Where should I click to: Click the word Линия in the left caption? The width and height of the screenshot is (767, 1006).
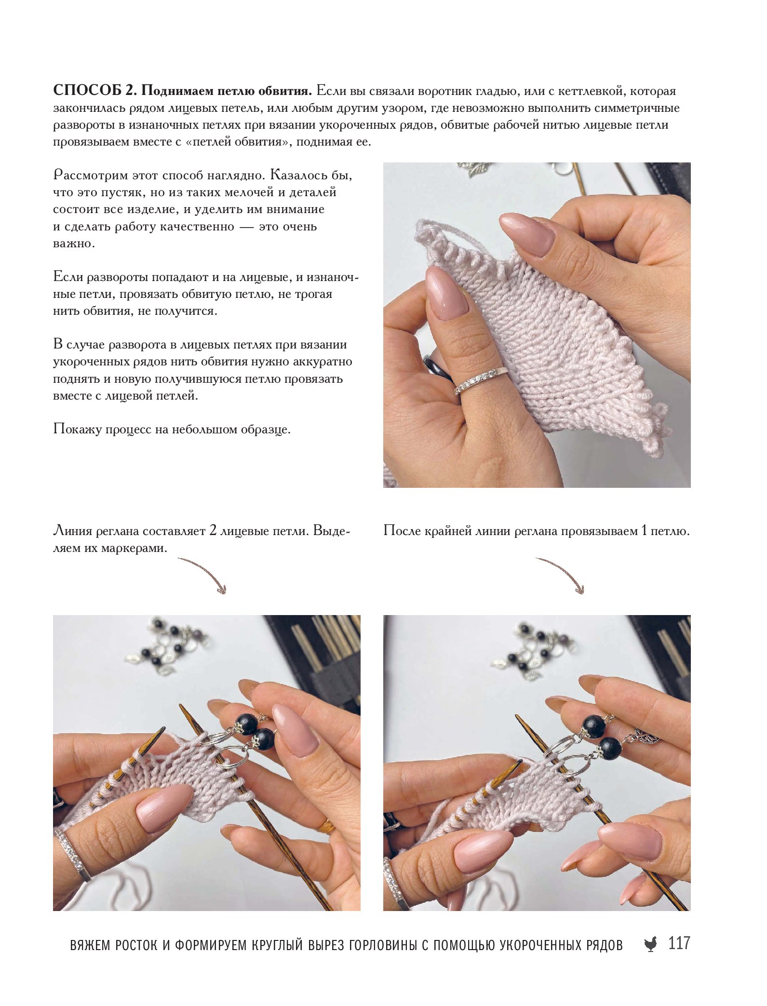[72, 531]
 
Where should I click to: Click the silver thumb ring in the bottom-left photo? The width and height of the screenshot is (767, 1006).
[72, 853]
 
